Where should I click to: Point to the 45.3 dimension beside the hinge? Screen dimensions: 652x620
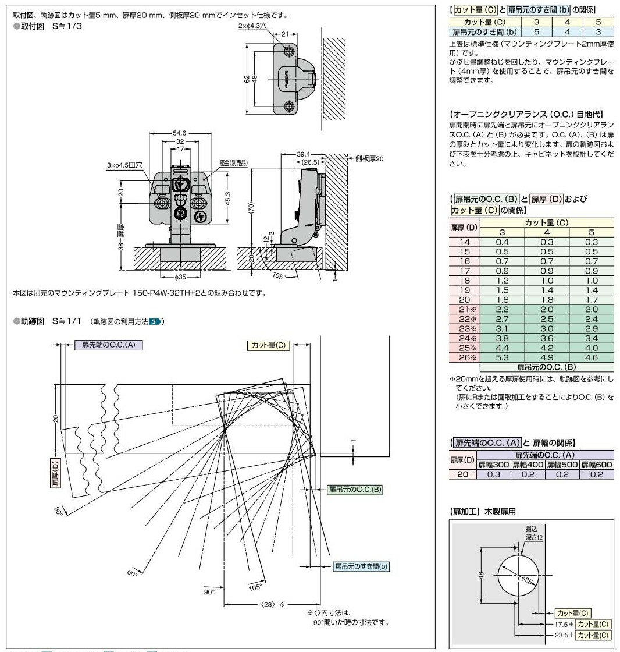pos(229,198)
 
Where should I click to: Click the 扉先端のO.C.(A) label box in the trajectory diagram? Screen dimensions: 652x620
pos(109,345)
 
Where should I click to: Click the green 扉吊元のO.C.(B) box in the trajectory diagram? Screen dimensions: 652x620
pos(355,489)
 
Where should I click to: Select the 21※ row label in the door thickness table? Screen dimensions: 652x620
pos(464,310)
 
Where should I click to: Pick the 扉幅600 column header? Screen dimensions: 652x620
pos(596,465)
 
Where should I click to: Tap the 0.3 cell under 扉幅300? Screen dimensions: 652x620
pos(493,474)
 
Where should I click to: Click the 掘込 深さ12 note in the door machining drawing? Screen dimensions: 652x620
pos(531,533)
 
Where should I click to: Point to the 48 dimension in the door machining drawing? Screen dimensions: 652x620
pos(482,575)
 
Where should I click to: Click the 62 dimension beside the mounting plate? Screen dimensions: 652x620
pos(247,78)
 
